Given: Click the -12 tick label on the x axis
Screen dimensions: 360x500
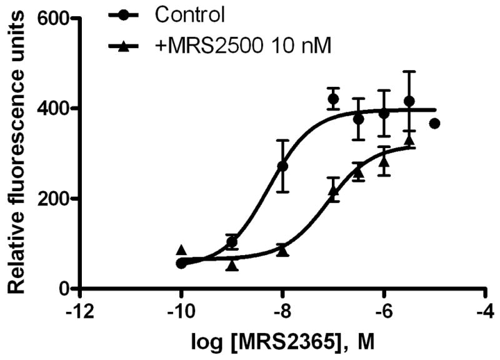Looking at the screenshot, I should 79,312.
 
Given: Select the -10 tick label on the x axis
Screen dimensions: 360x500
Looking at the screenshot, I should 181,312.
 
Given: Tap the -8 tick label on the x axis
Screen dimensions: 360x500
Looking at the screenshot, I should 282,312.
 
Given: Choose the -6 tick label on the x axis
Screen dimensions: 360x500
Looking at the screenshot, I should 384,312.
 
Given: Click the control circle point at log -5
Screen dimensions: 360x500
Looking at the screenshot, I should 435,124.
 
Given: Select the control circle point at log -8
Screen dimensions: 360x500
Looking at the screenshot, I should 282,167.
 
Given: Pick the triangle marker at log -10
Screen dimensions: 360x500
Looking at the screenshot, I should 181,250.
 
